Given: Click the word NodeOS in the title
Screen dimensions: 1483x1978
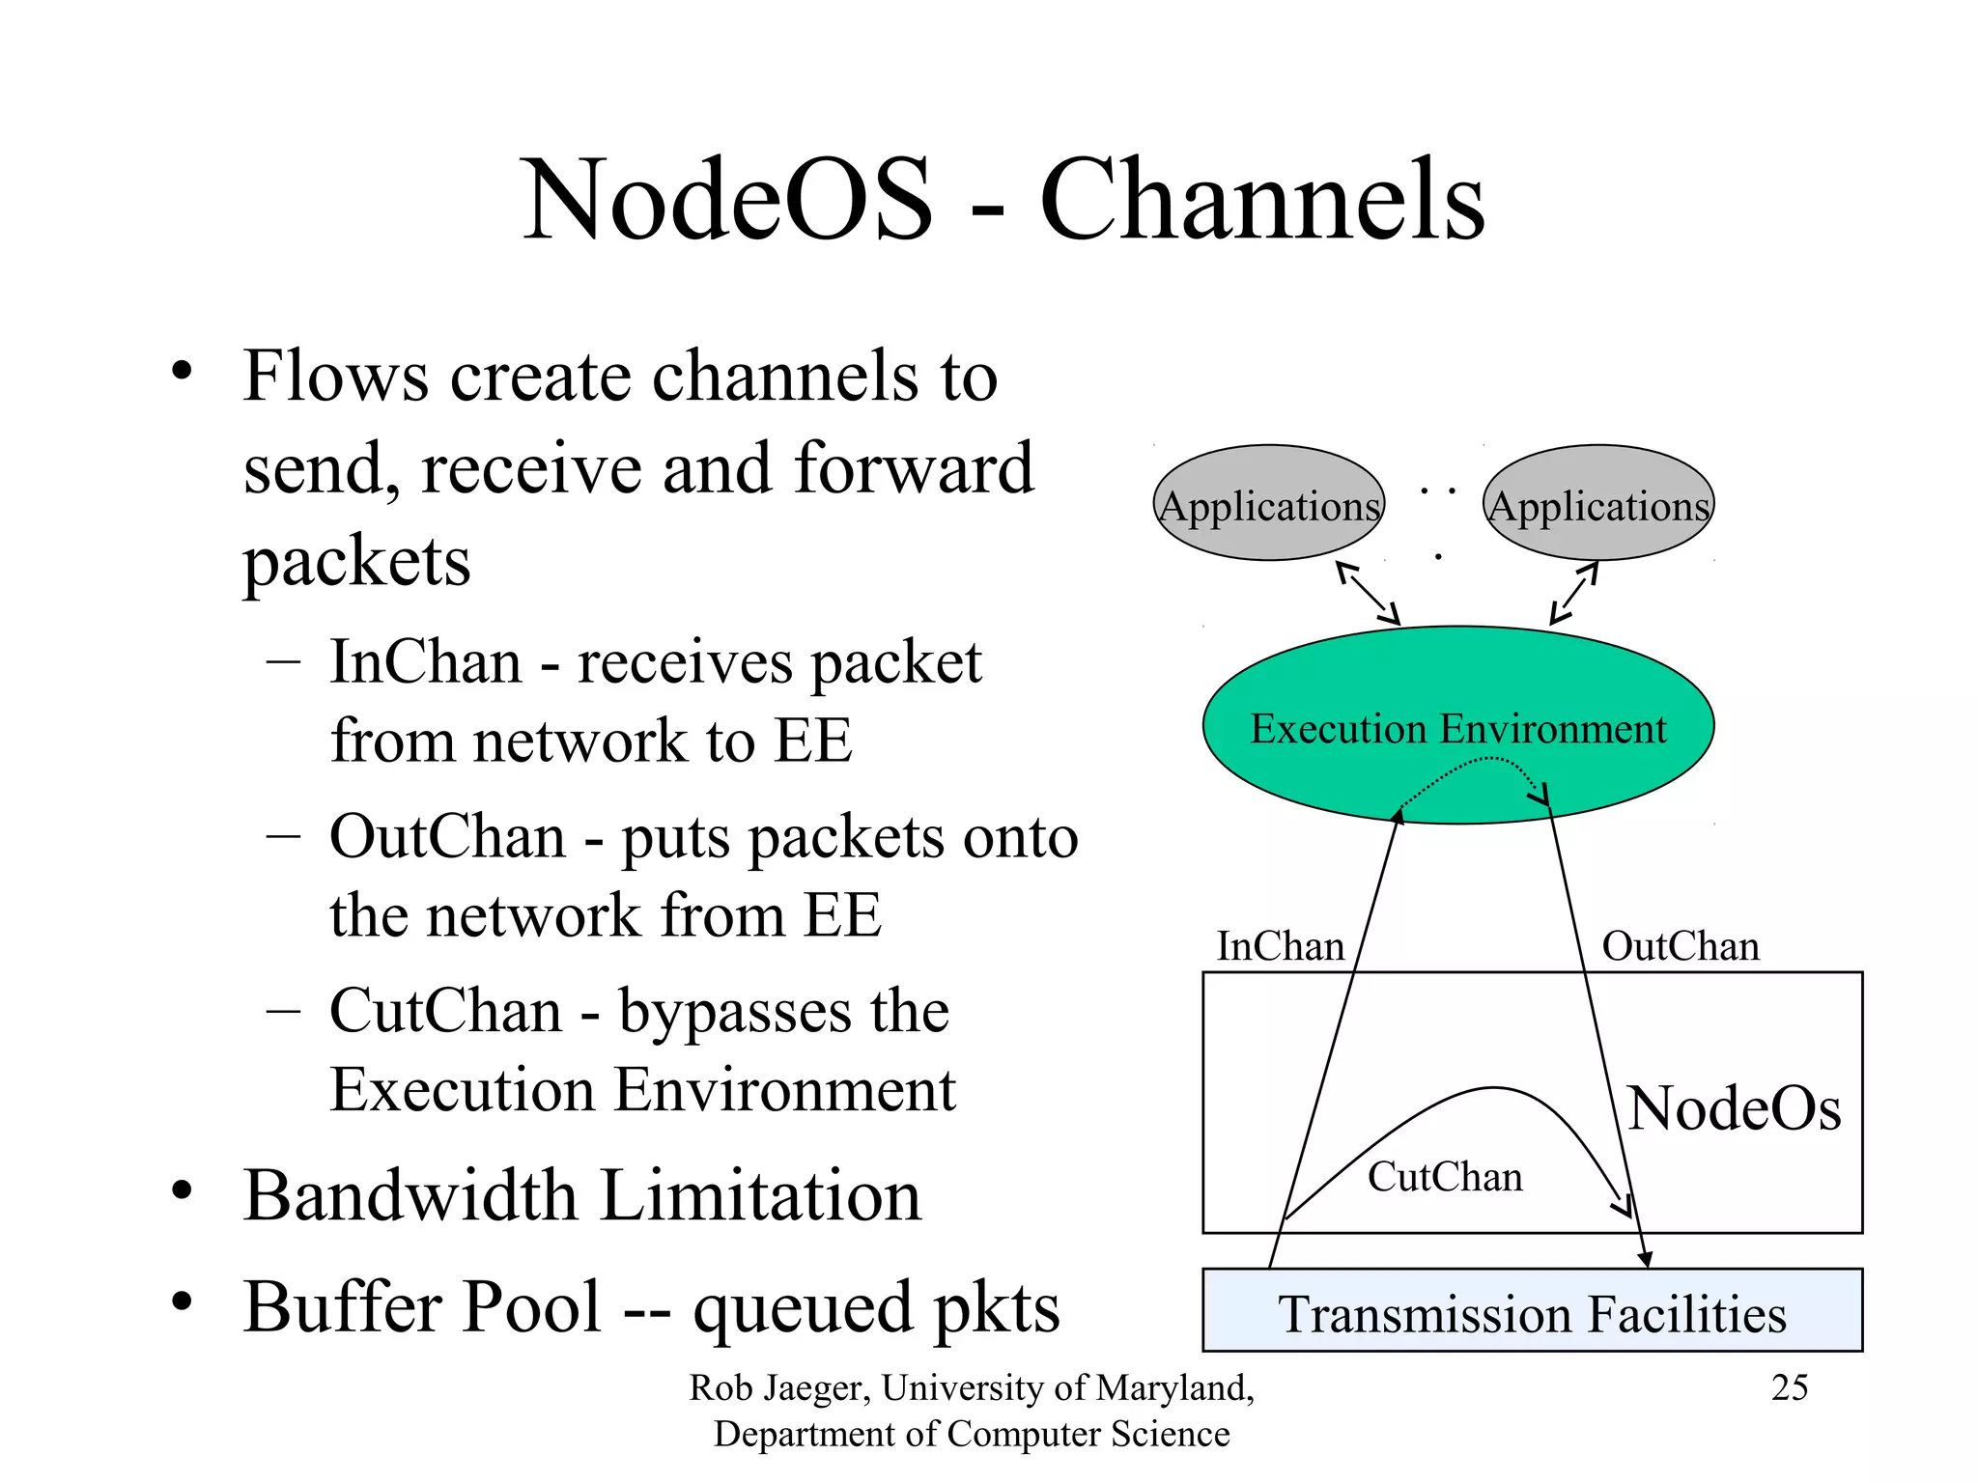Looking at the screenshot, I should click(x=727, y=200).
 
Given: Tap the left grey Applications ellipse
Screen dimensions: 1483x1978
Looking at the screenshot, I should click(x=1269, y=503).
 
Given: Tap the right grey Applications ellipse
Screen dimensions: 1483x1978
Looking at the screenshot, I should click(x=1598, y=503).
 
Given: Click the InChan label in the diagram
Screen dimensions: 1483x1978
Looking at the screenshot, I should click(x=1280, y=946).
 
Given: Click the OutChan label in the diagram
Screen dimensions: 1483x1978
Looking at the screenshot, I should click(x=1681, y=946).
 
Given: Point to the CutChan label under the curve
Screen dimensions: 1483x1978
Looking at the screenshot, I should click(x=1445, y=1177).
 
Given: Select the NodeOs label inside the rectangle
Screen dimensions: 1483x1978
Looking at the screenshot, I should click(x=1735, y=1108).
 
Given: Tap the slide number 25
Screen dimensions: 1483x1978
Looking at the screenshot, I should click(x=1789, y=1387).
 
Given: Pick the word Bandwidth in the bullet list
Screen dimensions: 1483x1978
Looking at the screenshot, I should click(x=410, y=1196).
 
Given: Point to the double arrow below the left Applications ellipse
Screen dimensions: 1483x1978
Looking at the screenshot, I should click(x=1368, y=593).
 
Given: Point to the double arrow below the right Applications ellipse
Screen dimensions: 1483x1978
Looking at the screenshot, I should click(x=1574, y=593).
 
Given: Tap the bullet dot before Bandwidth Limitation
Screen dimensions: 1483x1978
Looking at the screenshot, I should click(x=182, y=1191).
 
